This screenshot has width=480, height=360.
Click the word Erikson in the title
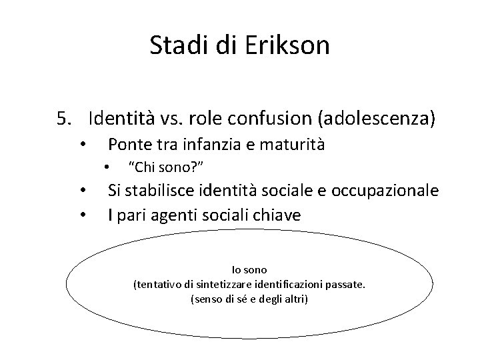(x=291, y=46)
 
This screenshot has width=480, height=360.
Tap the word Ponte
(x=128, y=144)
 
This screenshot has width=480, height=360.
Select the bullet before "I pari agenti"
(x=81, y=216)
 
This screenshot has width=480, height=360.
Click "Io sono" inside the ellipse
(x=249, y=270)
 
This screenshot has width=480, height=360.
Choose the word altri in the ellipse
(x=294, y=299)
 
